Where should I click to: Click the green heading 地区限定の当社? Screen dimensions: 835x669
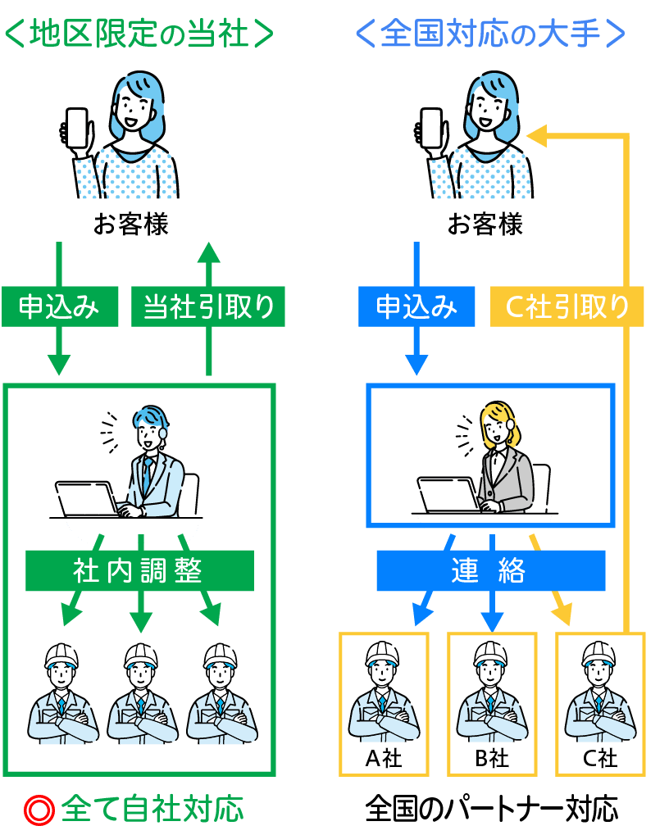[x=138, y=34]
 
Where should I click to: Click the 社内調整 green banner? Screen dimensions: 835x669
[x=139, y=570]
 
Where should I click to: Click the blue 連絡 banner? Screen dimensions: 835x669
[x=490, y=570]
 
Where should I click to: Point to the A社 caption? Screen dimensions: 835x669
[x=383, y=758]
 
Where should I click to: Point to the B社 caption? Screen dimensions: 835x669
[x=492, y=758]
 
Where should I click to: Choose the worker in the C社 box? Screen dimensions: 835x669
[x=600, y=692]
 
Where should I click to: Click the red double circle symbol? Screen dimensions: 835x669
[x=38, y=810]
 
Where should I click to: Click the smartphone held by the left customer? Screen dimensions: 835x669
[x=76, y=129]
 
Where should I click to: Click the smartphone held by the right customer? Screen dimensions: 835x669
[x=431, y=129]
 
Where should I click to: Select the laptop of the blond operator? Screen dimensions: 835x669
[x=448, y=495]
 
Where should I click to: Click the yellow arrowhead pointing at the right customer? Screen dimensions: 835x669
[x=536, y=136]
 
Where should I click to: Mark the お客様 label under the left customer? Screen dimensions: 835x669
[x=131, y=225]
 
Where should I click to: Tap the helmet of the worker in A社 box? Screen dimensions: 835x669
[x=383, y=653]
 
